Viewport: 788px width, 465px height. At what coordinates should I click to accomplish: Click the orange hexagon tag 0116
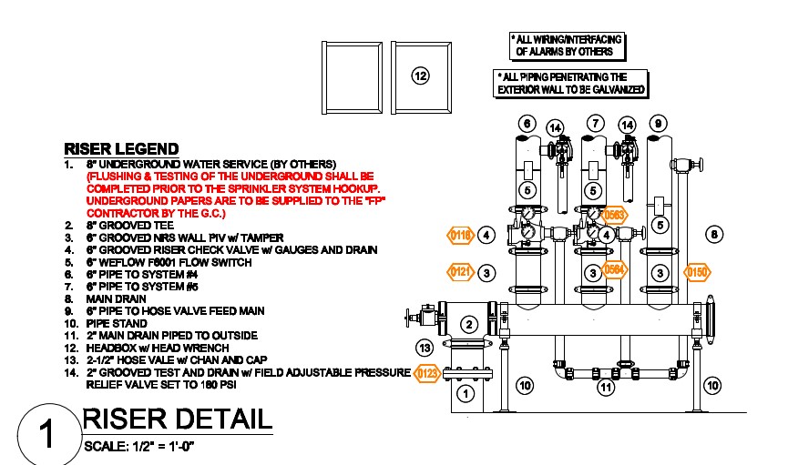click(x=460, y=236)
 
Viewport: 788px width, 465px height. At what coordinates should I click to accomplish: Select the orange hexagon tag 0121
click(x=460, y=271)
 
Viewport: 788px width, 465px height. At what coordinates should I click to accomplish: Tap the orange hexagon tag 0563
click(x=616, y=216)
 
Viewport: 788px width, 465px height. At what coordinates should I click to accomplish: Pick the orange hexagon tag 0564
click(x=616, y=268)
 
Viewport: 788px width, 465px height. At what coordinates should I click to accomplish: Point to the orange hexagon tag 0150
click(x=698, y=271)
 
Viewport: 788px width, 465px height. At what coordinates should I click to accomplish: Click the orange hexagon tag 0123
click(x=426, y=372)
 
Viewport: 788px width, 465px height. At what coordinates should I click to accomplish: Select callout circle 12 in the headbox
click(x=420, y=76)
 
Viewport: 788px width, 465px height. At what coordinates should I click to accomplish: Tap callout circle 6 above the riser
click(x=526, y=123)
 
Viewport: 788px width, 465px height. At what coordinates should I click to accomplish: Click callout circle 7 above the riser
click(x=594, y=123)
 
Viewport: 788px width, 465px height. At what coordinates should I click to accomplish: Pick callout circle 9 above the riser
click(x=658, y=123)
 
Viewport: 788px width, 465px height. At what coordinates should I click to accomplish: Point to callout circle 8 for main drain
click(x=714, y=235)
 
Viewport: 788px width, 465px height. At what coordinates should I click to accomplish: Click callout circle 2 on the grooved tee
click(x=468, y=323)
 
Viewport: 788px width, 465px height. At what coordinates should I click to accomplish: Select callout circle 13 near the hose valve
click(x=424, y=348)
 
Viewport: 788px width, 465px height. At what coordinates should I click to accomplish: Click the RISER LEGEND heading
click(x=121, y=148)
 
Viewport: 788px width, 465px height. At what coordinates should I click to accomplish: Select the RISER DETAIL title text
click(x=177, y=420)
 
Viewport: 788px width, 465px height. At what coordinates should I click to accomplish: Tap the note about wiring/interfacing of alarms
click(x=568, y=45)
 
